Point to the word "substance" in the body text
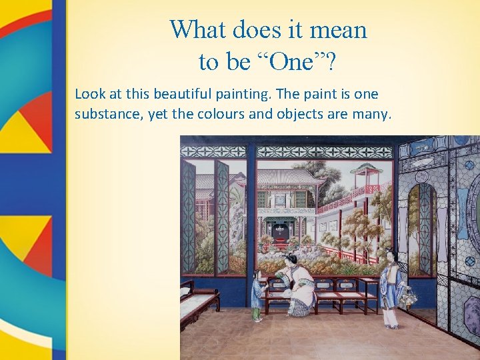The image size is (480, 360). click(106, 114)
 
